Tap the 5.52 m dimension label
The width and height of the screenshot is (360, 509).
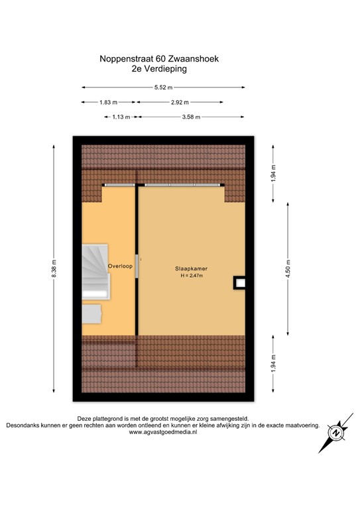163,87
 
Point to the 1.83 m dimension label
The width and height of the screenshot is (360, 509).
108,102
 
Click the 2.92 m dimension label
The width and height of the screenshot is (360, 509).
180,102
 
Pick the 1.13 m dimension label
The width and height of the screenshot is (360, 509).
120,117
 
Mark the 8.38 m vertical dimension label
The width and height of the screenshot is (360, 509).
54,272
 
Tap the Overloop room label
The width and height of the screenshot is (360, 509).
121,266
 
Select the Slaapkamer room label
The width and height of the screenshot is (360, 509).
191,268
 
